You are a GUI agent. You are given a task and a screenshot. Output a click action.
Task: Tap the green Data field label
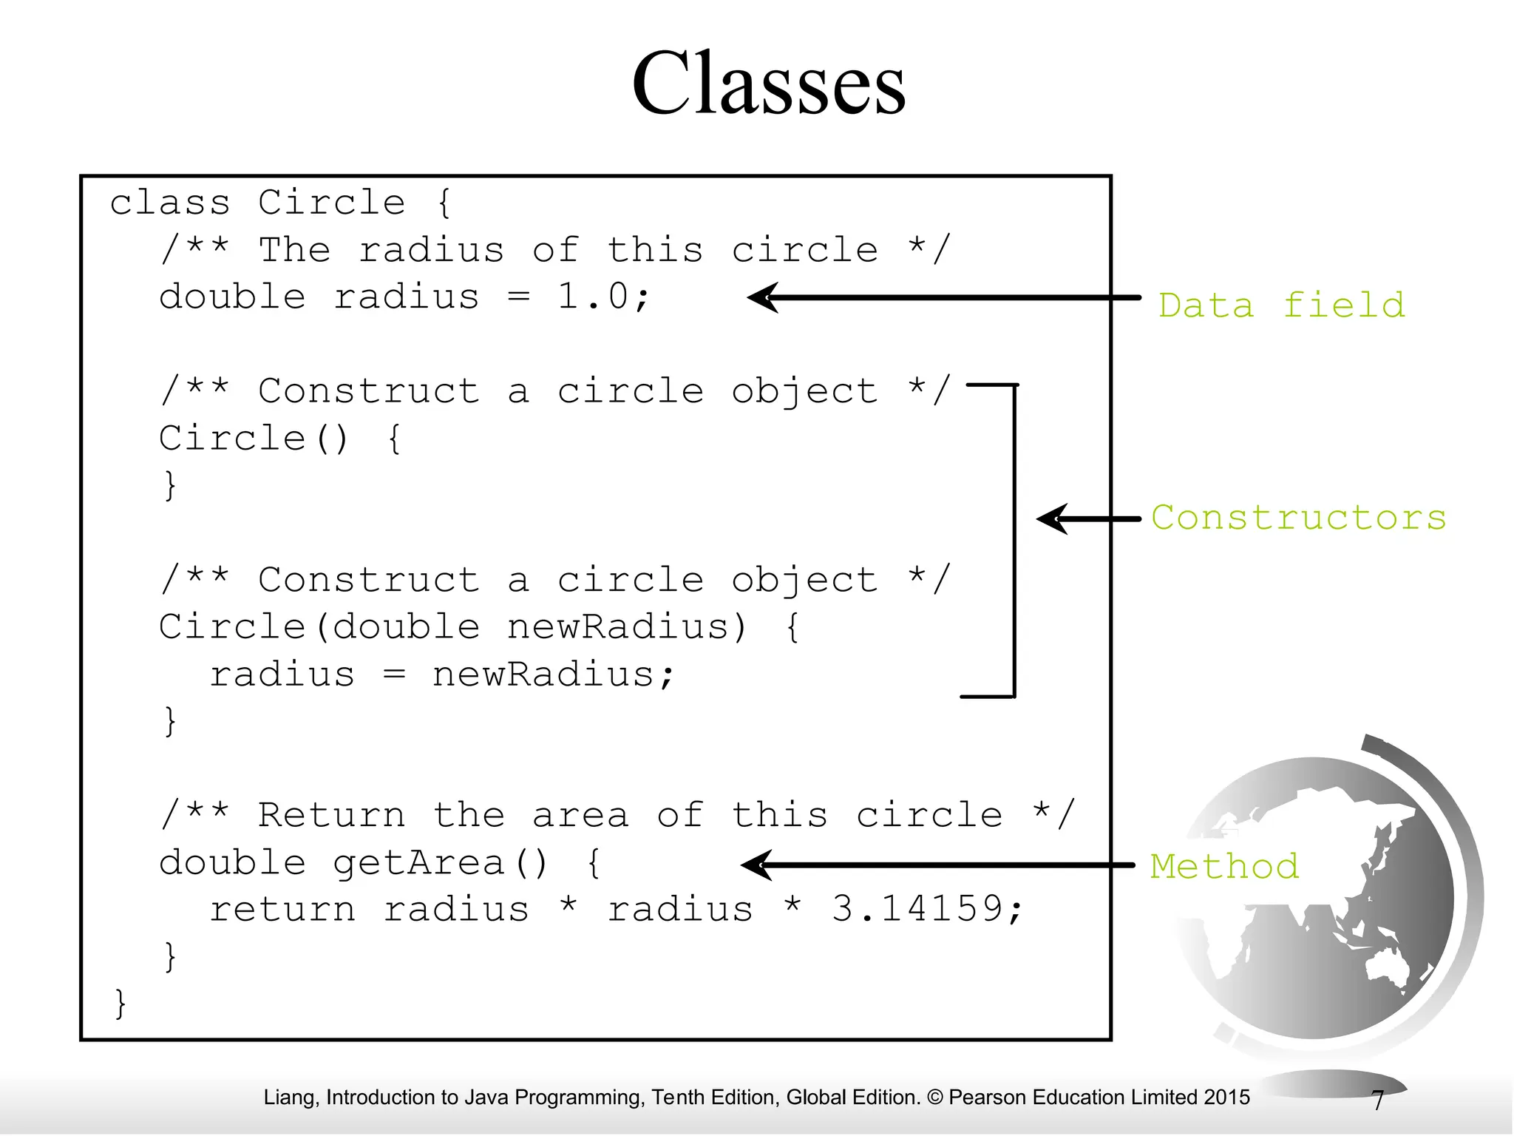(1281, 305)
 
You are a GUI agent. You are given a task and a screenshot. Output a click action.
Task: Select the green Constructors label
(1298, 518)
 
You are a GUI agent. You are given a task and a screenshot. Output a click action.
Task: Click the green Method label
(1224, 866)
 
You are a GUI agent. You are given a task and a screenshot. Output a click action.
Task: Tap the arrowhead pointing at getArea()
(756, 865)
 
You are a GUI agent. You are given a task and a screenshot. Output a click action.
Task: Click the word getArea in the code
(418, 863)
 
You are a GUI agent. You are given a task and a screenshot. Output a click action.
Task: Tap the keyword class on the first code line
(170, 203)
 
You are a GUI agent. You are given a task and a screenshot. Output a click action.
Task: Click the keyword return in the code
(282, 910)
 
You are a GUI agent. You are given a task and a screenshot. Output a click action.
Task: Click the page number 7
(1377, 1100)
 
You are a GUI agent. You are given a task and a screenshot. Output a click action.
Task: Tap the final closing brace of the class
(120, 1004)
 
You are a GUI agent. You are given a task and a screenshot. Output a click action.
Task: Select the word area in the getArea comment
(580, 815)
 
